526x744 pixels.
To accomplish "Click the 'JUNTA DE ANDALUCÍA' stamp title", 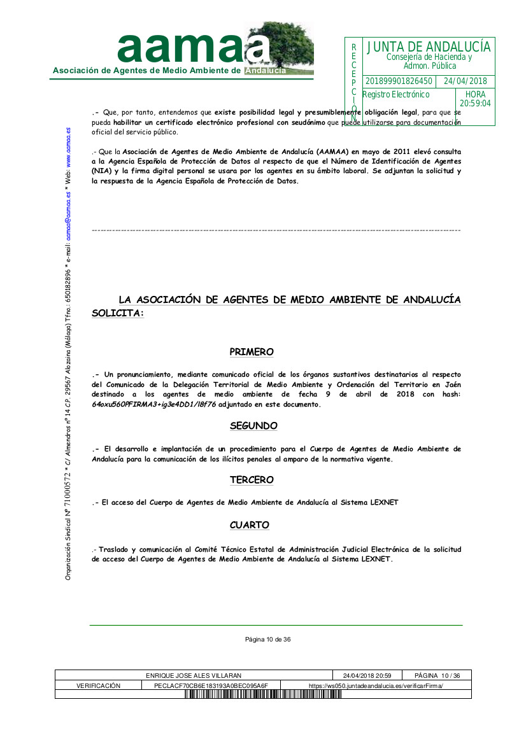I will tap(429, 47).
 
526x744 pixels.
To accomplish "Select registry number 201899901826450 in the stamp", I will tap(399, 81).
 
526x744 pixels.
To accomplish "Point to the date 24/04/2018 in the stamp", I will tap(465, 81).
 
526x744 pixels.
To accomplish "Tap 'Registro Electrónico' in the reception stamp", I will tap(396, 95).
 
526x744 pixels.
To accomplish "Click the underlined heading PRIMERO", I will tap(252, 352).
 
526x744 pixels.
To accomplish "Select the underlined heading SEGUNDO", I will tap(253, 426).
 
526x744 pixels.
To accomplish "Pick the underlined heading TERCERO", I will tap(252, 480).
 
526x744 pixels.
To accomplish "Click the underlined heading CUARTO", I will tap(250, 525).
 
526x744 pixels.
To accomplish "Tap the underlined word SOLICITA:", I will tap(118, 314).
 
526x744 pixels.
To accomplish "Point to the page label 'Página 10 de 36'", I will tap(268, 639).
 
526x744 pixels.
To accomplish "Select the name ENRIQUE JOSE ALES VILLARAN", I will tap(194, 675).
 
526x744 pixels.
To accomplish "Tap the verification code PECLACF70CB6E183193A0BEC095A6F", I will tap(211, 685).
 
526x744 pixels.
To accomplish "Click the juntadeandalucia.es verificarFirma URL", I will tap(376, 685).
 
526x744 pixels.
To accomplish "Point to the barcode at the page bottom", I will tap(264, 694).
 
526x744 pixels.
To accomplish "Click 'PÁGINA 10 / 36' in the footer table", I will tap(437, 675).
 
